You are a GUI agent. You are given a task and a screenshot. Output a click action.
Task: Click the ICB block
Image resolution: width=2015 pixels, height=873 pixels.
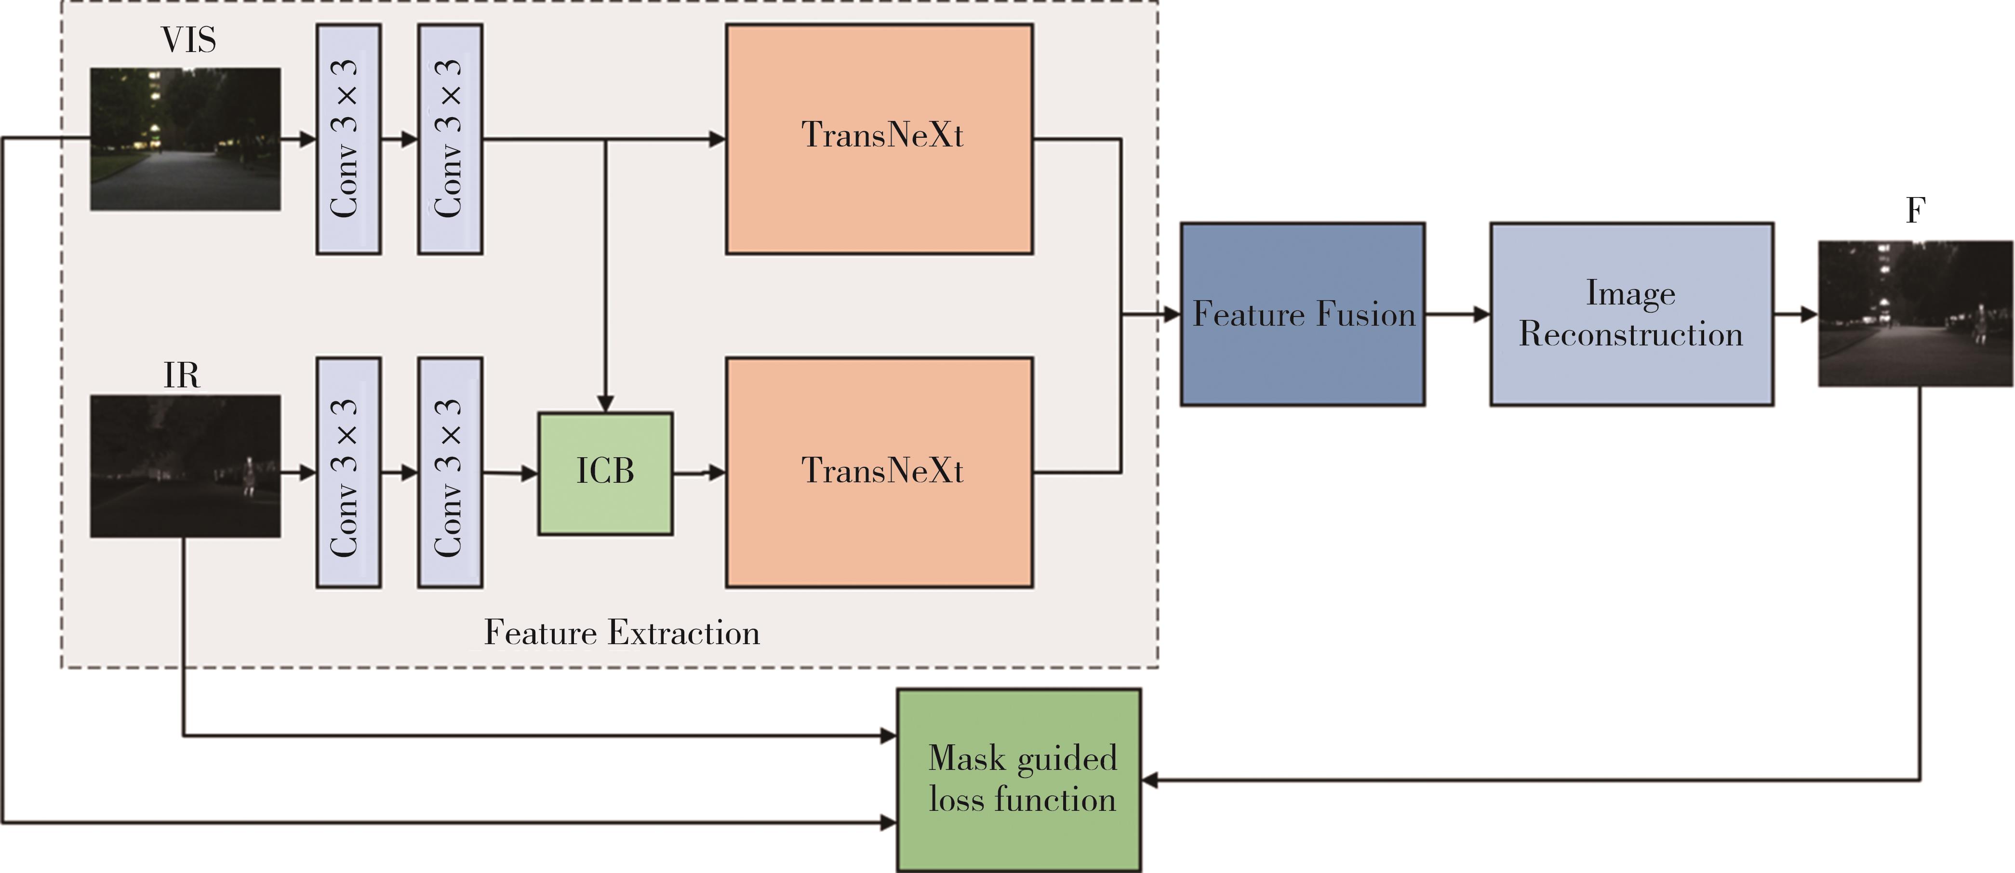pos(605,473)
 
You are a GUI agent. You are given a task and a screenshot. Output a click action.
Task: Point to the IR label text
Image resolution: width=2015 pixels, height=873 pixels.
pos(182,375)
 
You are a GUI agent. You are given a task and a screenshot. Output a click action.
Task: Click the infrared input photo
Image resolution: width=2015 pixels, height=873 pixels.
pos(186,466)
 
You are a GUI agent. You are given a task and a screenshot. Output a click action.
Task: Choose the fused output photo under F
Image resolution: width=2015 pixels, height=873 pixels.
pos(1915,314)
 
